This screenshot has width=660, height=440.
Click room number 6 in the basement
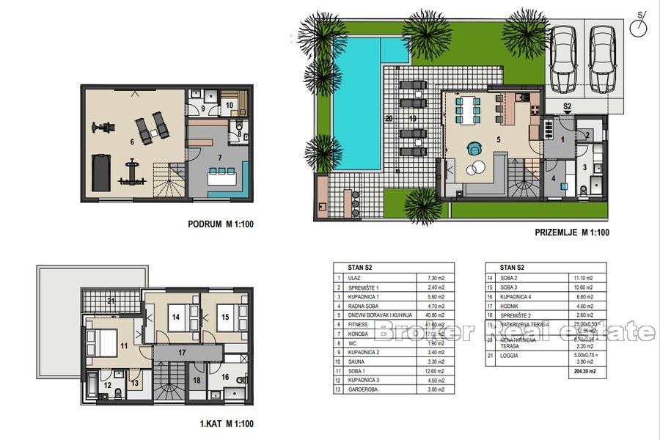click(x=131, y=142)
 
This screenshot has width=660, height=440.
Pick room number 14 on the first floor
click(x=176, y=318)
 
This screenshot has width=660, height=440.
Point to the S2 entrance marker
click(x=568, y=107)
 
